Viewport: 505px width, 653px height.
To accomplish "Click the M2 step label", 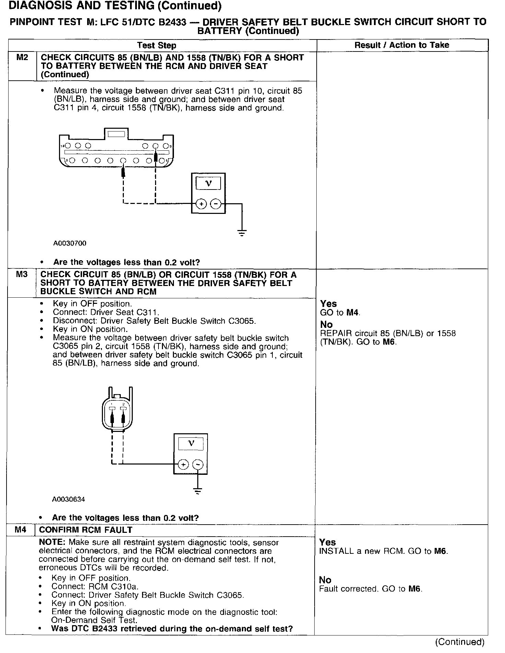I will [22, 57].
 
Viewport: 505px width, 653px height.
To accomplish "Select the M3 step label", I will [22, 274].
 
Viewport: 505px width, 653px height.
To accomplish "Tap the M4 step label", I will [21, 530].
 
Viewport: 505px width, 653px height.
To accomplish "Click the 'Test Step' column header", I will [156, 45].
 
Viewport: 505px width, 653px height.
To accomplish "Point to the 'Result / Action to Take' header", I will [402, 45].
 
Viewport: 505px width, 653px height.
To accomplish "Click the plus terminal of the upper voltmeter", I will [201, 204].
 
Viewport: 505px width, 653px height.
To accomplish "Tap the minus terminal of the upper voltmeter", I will [215, 204].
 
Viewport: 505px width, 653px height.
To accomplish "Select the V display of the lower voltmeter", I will [191, 443].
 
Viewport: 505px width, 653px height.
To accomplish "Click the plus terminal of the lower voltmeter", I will [184, 465].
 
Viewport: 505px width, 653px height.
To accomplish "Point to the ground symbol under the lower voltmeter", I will [198, 491].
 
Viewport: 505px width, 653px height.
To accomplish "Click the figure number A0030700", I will [70, 243].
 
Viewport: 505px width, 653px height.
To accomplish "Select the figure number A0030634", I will [68, 499].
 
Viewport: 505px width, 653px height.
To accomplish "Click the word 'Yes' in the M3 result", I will [328, 303].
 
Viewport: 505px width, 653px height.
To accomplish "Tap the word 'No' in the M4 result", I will [325, 580].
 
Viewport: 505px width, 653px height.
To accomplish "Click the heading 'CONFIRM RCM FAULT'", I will [85, 530].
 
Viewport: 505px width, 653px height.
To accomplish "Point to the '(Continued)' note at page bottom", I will [459, 642].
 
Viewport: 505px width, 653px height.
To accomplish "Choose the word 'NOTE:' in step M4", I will [52, 542].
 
